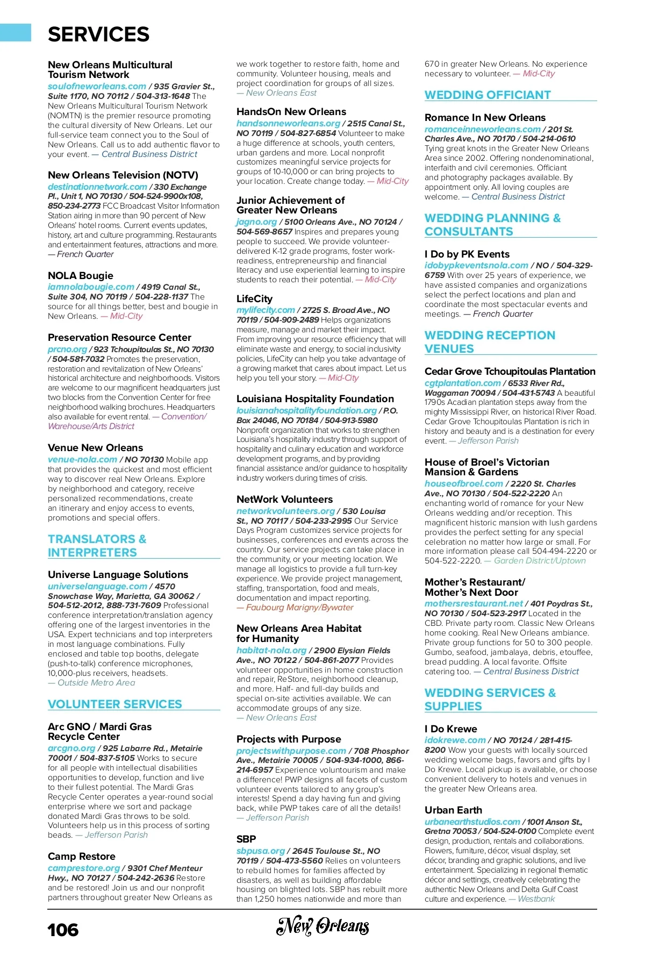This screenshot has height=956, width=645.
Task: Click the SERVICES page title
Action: click(x=98, y=34)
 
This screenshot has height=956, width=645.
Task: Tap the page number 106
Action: click(x=63, y=930)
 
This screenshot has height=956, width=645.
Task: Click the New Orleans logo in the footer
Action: click(x=322, y=926)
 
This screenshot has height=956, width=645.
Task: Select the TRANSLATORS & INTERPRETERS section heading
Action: click(x=97, y=545)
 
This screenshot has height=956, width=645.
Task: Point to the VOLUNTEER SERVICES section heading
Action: click(x=114, y=704)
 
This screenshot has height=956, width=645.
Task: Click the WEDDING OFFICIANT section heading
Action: click(x=488, y=95)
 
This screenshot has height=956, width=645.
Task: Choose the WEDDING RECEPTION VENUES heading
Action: click(x=490, y=341)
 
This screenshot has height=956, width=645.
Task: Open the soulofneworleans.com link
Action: click(x=97, y=86)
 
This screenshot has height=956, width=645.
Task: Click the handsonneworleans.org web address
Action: click(x=288, y=123)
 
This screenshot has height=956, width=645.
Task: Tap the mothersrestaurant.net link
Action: click(x=474, y=603)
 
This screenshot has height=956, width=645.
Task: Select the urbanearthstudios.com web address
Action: click(x=472, y=822)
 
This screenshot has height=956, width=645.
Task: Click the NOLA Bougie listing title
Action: click(x=81, y=275)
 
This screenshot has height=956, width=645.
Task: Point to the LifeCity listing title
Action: click(x=254, y=298)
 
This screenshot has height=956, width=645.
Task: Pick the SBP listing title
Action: click(x=246, y=839)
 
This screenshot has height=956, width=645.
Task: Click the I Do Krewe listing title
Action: click(x=450, y=729)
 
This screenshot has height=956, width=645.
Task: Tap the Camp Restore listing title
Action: click(x=82, y=856)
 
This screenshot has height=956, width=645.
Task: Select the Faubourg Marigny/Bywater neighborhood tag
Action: click(x=299, y=608)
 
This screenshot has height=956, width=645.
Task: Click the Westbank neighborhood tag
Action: click(x=536, y=898)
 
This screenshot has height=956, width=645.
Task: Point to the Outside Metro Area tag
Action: click(x=96, y=682)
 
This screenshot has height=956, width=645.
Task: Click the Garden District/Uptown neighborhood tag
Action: click(x=540, y=560)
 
